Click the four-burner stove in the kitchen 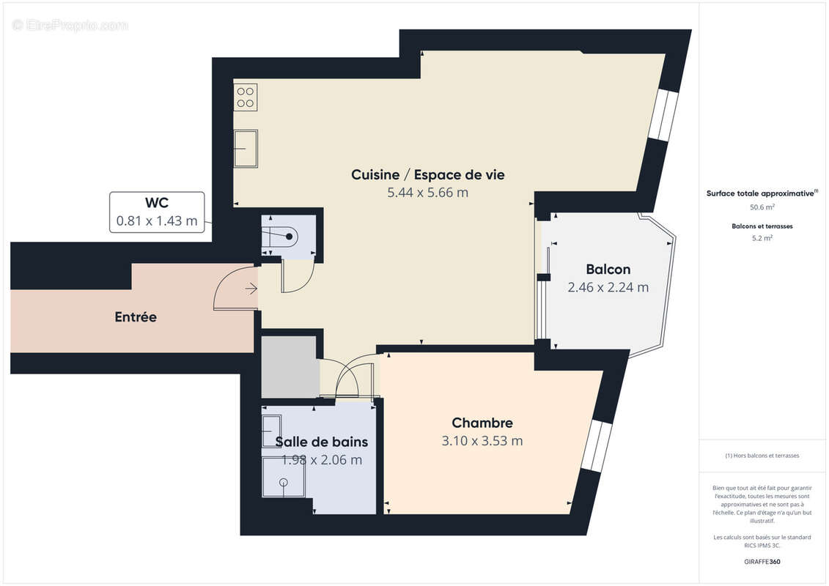pyautogui.click(x=246, y=97)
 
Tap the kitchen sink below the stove pyautogui.click(x=246, y=149)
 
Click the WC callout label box pyautogui.click(x=157, y=212)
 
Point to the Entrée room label pyautogui.click(x=136, y=317)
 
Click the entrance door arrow pyautogui.click(x=251, y=289)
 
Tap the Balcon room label pyautogui.click(x=608, y=269)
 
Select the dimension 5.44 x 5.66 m pyautogui.click(x=427, y=193)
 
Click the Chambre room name pyautogui.click(x=482, y=423)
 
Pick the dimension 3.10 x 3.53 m pyautogui.click(x=482, y=441)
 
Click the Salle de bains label pyautogui.click(x=321, y=442)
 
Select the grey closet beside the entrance pyautogui.click(x=290, y=366)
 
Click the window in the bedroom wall pyautogui.click(x=595, y=446)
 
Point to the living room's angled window pyautogui.click(x=663, y=115)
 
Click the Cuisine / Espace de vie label pyautogui.click(x=427, y=174)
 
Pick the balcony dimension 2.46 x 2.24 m pyautogui.click(x=608, y=287)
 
